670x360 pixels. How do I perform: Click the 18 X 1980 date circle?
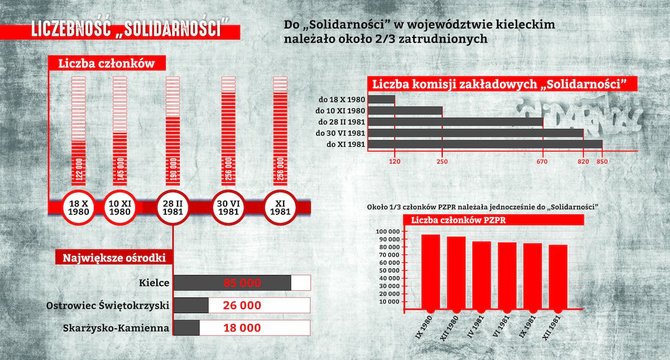[x=77, y=208]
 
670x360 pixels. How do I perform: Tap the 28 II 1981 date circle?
[x=173, y=208]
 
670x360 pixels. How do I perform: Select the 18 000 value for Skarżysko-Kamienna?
[x=242, y=328]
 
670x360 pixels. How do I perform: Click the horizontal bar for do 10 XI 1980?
[x=405, y=111]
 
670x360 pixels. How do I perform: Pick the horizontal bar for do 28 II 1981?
[x=456, y=122]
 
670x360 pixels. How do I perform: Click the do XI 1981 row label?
[x=341, y=145]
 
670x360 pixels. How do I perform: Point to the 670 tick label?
[x=542, y=162]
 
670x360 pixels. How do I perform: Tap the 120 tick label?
[x=395, y=162]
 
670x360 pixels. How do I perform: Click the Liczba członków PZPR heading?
[x=458, y=220]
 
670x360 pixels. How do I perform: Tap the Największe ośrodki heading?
[x=113, y=258]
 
